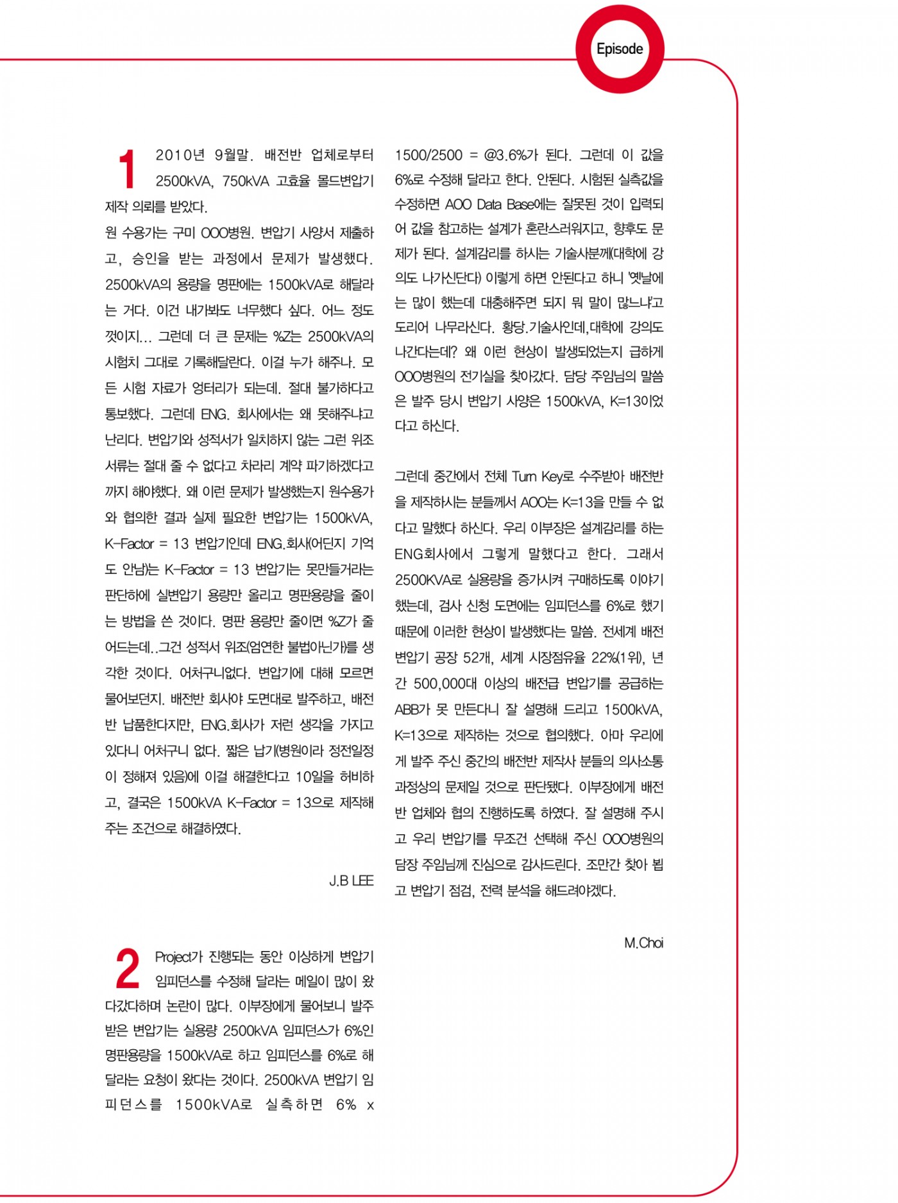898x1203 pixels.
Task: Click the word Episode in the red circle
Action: (x=619, y=49)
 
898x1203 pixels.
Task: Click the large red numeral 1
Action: (x=127, y=169)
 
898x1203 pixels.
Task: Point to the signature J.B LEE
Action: (x=351, y=880)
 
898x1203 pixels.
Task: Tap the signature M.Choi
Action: (x=643, y=943)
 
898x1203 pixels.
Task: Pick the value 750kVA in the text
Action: (x=246, y=181)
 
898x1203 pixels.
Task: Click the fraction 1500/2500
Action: (x=428, y=155)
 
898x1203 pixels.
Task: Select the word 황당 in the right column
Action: (x=512, y=327)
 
